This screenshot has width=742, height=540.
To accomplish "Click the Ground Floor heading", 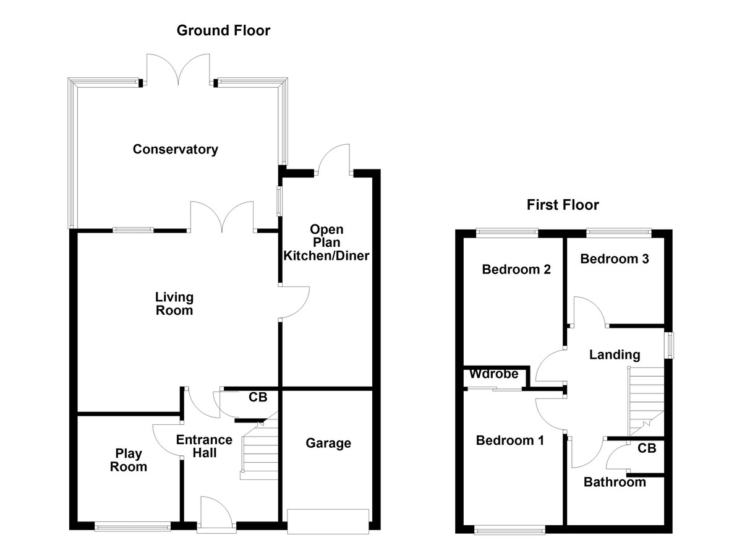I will (223, 30).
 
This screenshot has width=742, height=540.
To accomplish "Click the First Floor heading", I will (563, 205).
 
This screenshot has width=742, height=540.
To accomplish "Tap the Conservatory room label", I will (175, 149).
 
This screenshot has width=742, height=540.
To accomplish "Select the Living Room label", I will (174, 304).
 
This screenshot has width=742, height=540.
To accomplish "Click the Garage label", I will (328, 443).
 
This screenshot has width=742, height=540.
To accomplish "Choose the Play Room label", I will (129, 460).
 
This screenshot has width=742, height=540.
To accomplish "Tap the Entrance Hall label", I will (204, 447).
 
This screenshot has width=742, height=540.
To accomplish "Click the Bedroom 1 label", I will (510, 440).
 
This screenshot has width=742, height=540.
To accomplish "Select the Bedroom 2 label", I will (516, 270).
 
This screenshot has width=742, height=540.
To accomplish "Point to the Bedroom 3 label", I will (614, 259).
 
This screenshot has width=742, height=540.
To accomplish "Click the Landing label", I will (614, 354).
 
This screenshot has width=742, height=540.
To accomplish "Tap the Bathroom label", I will (615, 482).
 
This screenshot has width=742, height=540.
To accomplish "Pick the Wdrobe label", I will (493, 374).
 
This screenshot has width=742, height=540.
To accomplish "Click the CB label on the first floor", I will (647, 448).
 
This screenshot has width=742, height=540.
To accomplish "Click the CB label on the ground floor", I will (258, 397).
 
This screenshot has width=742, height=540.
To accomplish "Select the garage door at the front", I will (328, 520).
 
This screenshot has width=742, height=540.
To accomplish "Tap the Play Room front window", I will (132, 527).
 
